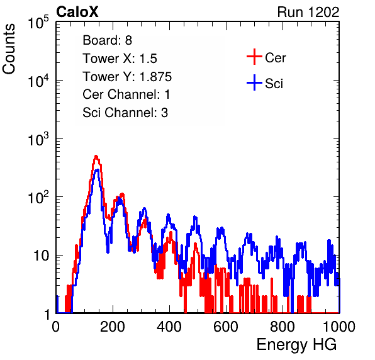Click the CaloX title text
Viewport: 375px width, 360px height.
pyautogui.click(x=77, y=12)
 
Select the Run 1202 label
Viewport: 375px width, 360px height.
pyautogui.click(x=308, y=12)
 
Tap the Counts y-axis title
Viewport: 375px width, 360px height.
pyautogui.click(x=9, y=49)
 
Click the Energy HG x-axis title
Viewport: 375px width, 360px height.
pyautogui.click(x=296, y=345)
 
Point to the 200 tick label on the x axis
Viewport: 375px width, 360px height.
pyautogui.click(x=113, y=327)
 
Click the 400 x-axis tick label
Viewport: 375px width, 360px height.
pyautogui.click(x=169, y=327)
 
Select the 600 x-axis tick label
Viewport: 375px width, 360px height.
pyautogui.click(x=226, y=327)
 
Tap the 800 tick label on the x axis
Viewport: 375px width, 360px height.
pyautogui.click(x=283, y=327)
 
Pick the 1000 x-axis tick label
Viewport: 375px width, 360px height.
pyautogui.click(x=339, y=327)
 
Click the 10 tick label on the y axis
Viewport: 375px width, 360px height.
pyautogui.click(x=42, y=256)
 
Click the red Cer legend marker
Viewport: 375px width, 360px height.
pyautogui.click(x=254, y=57)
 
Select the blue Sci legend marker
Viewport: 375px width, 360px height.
pyautogui.click(x=254, y=82)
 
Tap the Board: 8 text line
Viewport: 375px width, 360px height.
pyautogui.click(x=108, y=40)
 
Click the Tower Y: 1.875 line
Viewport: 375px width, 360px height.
pyautogui.click(x=127, y=77)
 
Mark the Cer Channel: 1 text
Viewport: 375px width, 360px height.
pyautogui.click(x=126, y=94)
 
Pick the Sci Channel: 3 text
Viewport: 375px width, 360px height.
pyautogui.click(x=125, y=113)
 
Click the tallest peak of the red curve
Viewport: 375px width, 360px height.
pyautogui.click(x=96, y=156)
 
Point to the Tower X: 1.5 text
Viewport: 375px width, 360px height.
pyautogui.click(x=120, y=59)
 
